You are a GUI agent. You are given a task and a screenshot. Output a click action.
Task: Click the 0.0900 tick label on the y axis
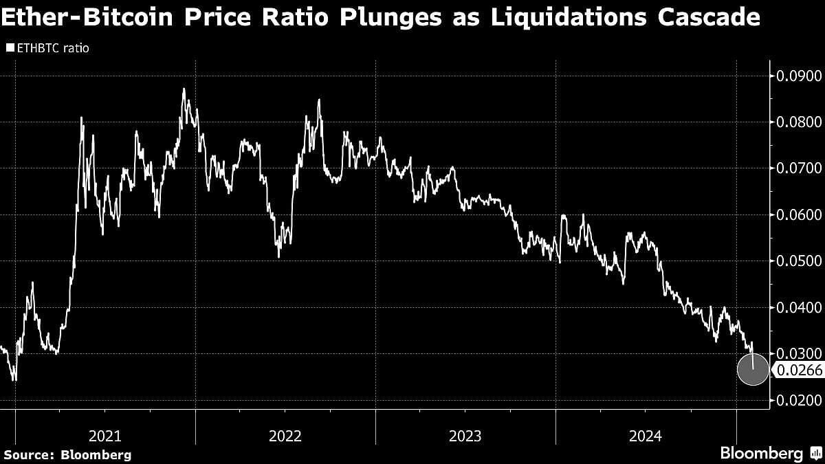(x=797, y=76)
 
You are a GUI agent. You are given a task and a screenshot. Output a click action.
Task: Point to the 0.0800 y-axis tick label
(x=797, y=122)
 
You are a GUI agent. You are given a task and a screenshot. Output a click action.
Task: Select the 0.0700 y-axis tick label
(x=797, y=168)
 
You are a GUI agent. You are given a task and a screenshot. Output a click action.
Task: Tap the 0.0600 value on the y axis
(x=797, y=215)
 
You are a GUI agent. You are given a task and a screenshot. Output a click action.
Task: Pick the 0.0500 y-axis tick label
(x=797, y=261)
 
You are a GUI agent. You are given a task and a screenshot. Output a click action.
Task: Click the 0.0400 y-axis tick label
(x=797, y=307)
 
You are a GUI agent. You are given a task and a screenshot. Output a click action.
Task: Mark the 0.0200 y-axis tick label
(x=797, y=400)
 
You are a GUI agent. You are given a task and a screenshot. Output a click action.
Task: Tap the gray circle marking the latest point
(x=752, y=370)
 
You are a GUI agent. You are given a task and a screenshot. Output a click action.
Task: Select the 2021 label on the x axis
(x=105, y=436)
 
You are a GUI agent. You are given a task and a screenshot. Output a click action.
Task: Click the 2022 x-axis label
(x=285, y=436)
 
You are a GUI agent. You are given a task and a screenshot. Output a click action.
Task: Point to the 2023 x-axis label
(x=465, y=436)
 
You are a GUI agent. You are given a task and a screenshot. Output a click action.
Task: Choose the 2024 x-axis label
(x=646, y=436)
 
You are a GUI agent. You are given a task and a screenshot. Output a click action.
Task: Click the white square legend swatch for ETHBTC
(x=9, y=48)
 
